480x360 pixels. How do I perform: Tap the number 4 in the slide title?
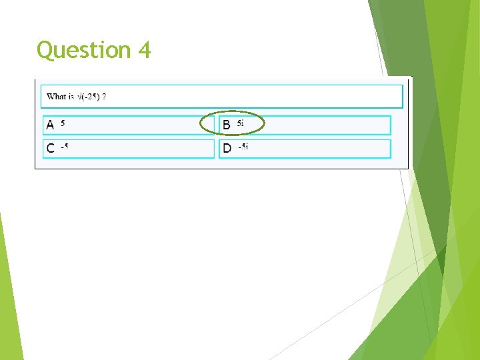click(145, 50)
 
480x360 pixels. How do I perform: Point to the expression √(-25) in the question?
click(88, 97)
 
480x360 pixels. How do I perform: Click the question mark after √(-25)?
click(104, 97)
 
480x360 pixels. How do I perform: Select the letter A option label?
click(50, 125)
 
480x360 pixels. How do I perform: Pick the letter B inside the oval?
click(227, 125)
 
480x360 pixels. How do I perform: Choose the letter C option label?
click(50, 149)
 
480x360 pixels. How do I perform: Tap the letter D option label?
click(227, 149)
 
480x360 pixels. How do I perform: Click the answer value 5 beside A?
click(63, 123)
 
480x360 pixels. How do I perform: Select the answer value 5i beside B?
click(241, 123)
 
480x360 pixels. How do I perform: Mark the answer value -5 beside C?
click(65, 147)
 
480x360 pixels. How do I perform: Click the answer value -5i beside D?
click(243, 147)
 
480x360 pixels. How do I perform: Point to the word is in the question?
click(70, 97)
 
